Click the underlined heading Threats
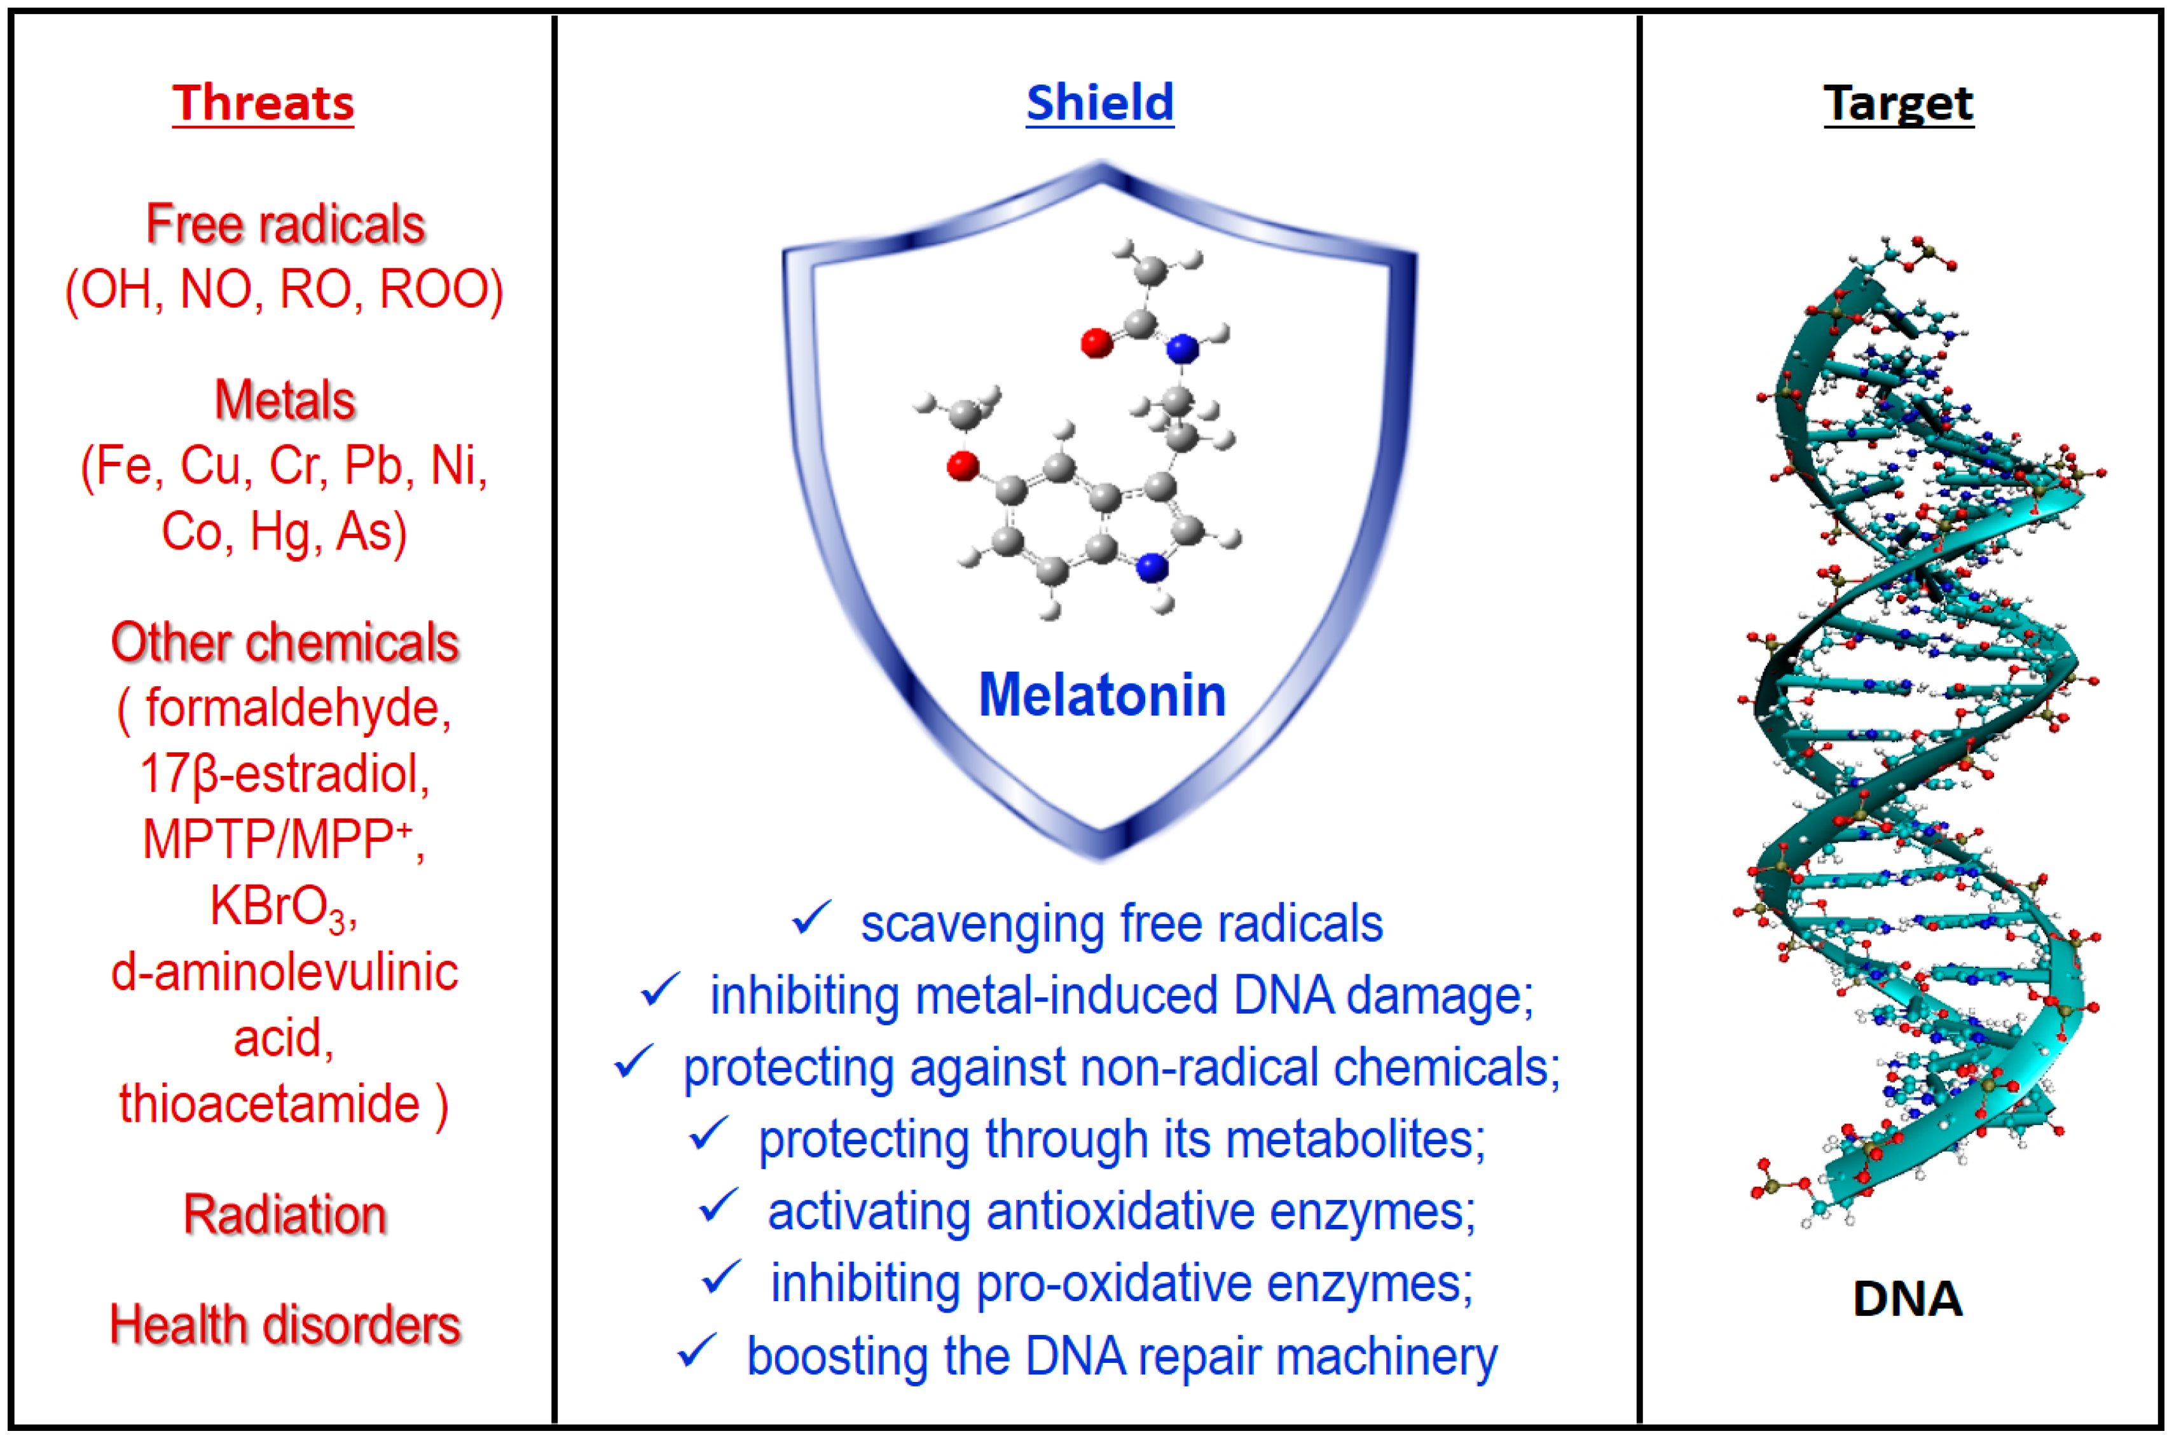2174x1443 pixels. [263, 102]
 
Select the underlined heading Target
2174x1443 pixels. [1898, 103]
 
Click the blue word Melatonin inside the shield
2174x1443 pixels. [1102, 695]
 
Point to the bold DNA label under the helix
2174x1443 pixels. [1907, 1299]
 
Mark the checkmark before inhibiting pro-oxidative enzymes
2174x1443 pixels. [721, 1278]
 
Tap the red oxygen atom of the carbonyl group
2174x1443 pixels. [1096, 343]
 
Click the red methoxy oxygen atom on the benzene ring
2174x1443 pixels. [962, 467]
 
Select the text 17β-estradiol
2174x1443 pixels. [284, 774]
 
